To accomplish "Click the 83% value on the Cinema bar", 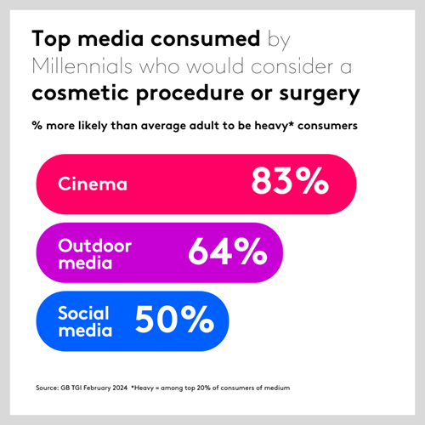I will [289, 182].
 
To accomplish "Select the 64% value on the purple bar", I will [226, 251].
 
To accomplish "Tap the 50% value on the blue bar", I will [173, 320].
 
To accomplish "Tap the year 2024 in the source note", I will [117, 388].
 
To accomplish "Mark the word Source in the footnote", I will [47, 388].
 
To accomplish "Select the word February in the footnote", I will [95, 388].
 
